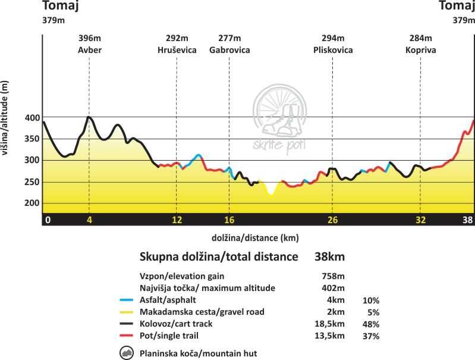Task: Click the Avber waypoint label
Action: click(89, 50)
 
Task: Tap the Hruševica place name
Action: click(177, 50)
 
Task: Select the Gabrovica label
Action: click(229, 50)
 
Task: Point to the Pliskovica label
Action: click(333, 50)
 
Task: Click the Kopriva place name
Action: click(420, 50)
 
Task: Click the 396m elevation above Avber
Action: click(89, 39)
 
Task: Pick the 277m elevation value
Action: click(229, 39)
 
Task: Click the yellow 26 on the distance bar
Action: click(332, 220)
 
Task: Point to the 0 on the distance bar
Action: click(48, 220)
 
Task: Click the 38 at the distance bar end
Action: click(468, 220)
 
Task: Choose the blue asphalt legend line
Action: click(126, 300)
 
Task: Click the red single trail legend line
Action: click(126, 336)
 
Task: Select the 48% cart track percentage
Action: click(372, 324)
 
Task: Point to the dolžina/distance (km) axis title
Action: click(255, 237)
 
